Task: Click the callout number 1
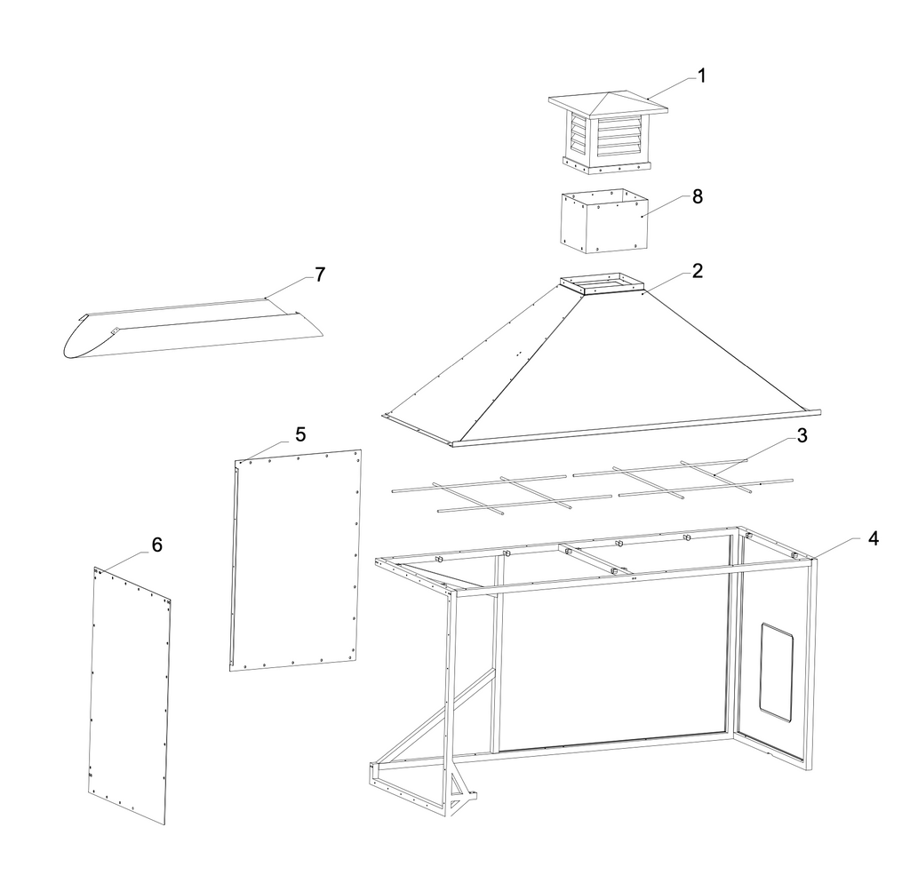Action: [x=701, y=76]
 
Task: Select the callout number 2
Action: [x=698, y=271]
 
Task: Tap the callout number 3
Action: [x=802, y=436]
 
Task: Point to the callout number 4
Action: [x=874, y=538]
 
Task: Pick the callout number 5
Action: [x=300, y=434]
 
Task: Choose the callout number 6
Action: [x=156, y=545]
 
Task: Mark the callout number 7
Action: [x=320, y=274]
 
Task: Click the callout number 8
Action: [x=698, y=196]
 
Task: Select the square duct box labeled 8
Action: [x=604, y=221]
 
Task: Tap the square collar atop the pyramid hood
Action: [x=603, y=283]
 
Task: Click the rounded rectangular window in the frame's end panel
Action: [x=777, y=672]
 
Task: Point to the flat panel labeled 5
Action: [x=295, y=560]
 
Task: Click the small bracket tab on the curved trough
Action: [x=115, y=330]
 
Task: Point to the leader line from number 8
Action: [x=665, y=206]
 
